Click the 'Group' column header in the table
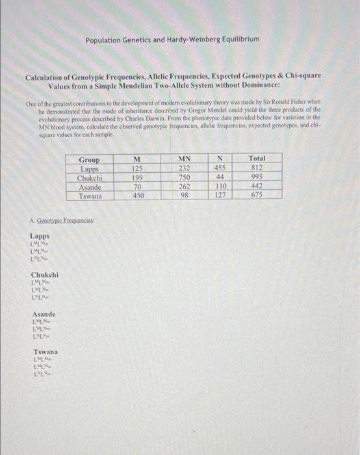pos(89,159)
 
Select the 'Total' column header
pos(257,159)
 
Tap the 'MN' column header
pos(184,159)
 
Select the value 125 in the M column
pos(137,168)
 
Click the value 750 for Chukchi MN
pos(184,177)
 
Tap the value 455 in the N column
pos(220,168)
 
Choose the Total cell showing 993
pos(257,177)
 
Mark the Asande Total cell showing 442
pos(257,186)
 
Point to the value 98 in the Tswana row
pos(184,195)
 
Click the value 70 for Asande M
pos(137,186)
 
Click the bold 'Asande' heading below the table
pos(44,314)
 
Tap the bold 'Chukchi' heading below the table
pos(45,275)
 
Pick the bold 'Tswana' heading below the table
pos(44,352)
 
